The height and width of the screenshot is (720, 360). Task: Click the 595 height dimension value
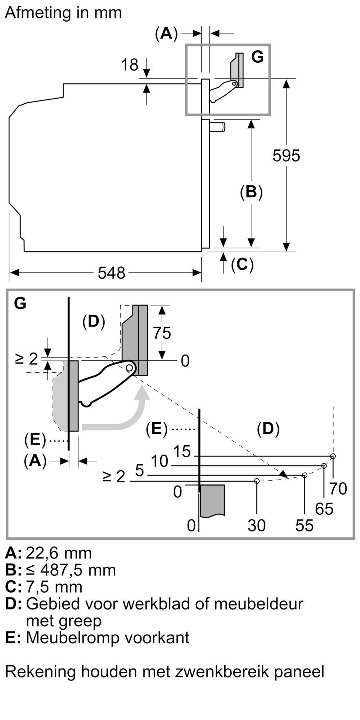pyautogui.click(x=286, y=156)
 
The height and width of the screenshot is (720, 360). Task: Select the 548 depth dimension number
pyautogui.click(x=112, y=273)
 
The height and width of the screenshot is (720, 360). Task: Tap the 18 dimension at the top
pyautogui.click(x=130, y=65)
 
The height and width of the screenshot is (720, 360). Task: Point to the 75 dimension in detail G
pyautogui.click(x=162, y=333)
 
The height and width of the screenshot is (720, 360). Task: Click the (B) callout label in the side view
pyautogui.click(x=251, y=192)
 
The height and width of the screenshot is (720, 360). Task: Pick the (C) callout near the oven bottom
pyautogui.click(x=242, y=265)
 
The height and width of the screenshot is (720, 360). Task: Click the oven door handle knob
pyautogui.click(x=218, y=127)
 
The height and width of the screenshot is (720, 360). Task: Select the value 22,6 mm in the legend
pyautogui.click(x=59, y=553)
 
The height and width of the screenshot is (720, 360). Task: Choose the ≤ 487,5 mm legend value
pyautogui.click(x=71, y=570)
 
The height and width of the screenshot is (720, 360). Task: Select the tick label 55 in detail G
pyautogui.click(x=305, y=526)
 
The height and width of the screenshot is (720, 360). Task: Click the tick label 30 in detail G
pyautogui.click(x=257, y=526)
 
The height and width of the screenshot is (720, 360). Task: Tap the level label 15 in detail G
pyautogui.click(x=182, y=451)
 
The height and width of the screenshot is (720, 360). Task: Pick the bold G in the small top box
pyautogui.click(x=257, y=57)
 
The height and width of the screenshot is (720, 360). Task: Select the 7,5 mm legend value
pyautogui.click(x=54, y=586)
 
